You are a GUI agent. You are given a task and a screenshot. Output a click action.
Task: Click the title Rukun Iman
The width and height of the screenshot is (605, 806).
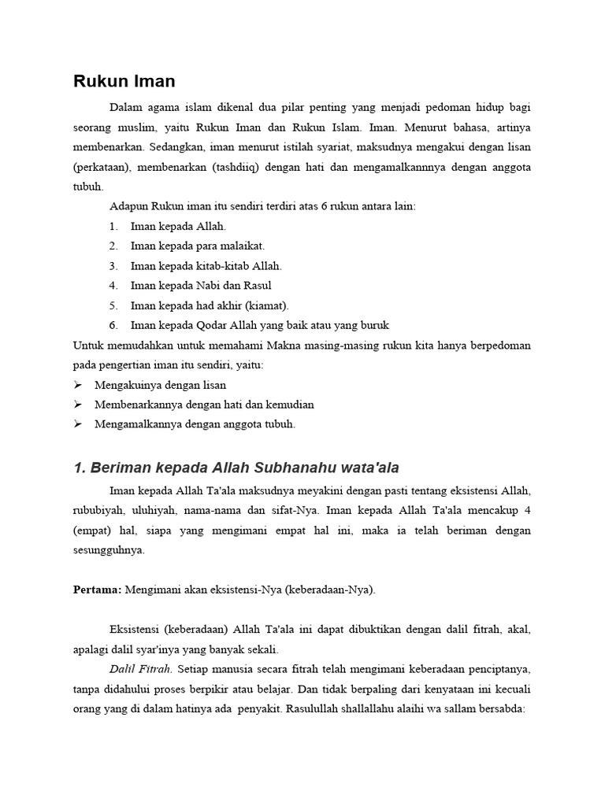click(x=124, y=81)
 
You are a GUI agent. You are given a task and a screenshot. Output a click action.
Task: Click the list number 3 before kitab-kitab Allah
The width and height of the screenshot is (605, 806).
click(x=113, y=266)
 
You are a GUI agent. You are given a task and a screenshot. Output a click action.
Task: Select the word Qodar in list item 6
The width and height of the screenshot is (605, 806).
click(x=207, y=325)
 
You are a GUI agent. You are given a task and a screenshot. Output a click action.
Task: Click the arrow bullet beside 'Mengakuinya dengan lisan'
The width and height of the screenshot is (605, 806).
click(x=78, y=385)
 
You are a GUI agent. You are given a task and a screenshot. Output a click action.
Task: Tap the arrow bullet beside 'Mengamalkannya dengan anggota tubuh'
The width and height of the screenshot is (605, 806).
click(x=78, y=424)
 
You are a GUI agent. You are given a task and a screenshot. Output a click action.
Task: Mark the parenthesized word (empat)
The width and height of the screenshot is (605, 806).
click(x=95, y=531)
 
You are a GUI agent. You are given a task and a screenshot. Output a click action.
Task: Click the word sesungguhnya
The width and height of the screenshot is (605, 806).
click(x=109, y=550)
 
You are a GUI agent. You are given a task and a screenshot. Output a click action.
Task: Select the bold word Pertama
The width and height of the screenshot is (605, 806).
click(x=96, y=590)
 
